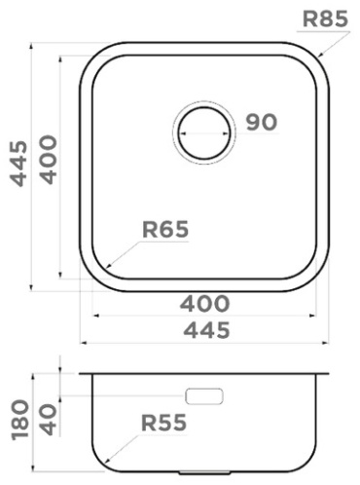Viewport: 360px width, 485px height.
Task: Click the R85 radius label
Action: [325, 19]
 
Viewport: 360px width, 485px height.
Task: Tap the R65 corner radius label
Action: [165, 229]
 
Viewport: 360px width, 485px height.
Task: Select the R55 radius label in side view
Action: [163, 423]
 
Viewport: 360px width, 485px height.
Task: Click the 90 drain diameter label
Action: [262, 123]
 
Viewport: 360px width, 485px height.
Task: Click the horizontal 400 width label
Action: [204, 304]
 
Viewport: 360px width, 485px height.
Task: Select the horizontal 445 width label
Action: [206, 330]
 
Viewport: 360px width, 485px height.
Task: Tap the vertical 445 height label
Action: [18, 164]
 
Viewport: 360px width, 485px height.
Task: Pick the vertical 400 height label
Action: [48, 160]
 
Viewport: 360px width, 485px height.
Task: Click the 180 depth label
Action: [19, 420]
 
